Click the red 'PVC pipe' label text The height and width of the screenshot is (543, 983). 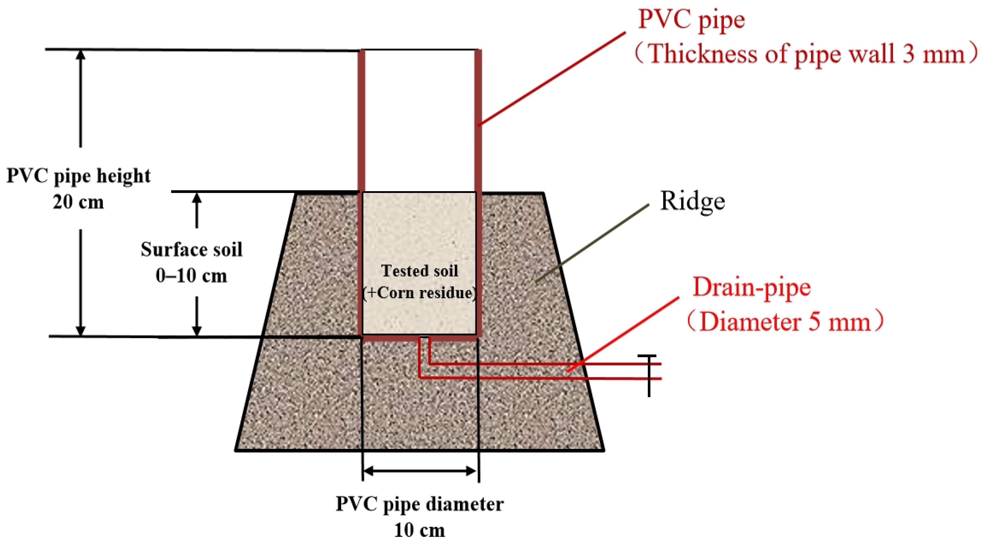pyautogui.click(x=691, y=20)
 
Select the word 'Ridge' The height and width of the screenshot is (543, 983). pyautogui.click(x=692, y=201)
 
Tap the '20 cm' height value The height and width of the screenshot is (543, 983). pyautogui.click(x=78, y=202)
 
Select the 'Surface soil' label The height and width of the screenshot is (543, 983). pyautogui.click(x=191, y=250)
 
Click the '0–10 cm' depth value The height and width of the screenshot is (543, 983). pyautogui.click(x=191, y=276)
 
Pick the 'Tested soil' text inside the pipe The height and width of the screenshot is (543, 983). pyautogui.click(x=419, y=271)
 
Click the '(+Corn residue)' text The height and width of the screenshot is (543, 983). pyautogui.click(x=419, y=293)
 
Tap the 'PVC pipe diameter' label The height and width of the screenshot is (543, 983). pyautogui.click(x=419, y=504)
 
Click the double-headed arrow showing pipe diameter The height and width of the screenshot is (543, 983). pyautogui.click(x=420, y=471)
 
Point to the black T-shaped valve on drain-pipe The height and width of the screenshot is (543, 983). pyautogui.click(x=649, y=374)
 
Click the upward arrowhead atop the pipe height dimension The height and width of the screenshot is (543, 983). pyautogui.click(x=80, y=55)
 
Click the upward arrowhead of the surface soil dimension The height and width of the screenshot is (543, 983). pyautogui.click(x=197, y=198)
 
